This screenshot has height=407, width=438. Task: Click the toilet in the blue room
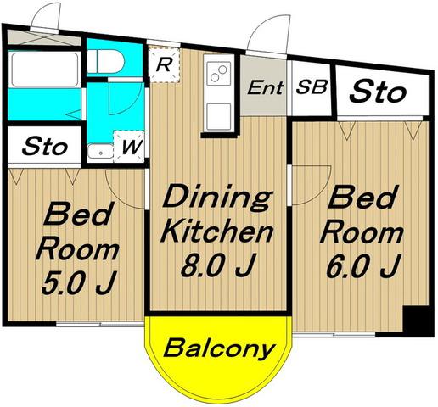pyautogui.click(x=105, y=61)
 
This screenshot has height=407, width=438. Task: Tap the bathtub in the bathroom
pyautogui.click(x=44, y=70)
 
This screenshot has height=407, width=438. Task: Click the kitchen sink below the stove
pyautogui.click(x=218, y=116)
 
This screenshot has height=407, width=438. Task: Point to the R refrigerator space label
pyautogui.click(x=164, y=65)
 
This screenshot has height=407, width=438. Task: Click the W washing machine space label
pyautogui.click(x=132, y=147)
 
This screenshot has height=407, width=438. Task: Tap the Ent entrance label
pyautogui.click(x=266, y=87)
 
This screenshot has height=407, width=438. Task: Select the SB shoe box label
pyautogui.click(x=312, y=86)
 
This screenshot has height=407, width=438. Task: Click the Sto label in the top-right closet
pyautogui.click(x=378, y=91)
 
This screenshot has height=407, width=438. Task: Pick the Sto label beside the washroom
pyautogui.click(x=45, y=146)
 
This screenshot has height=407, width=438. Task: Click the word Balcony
pyautogui.click(x=219, y=348)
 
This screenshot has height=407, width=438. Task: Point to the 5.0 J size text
pyautogui.click(x=79, y=282)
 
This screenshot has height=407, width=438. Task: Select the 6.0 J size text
pyautogui.click(x=363, y=265)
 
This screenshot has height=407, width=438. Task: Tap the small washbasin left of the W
pyautogui.click(x=100, y=153)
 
